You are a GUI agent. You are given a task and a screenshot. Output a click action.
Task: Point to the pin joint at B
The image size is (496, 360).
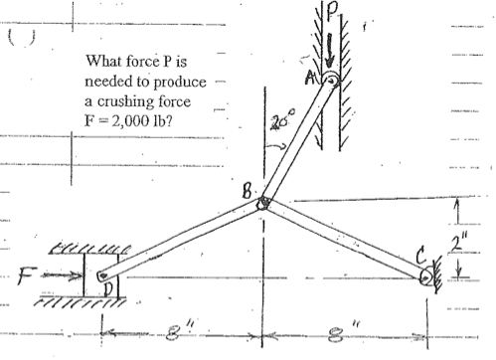[264, 202]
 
